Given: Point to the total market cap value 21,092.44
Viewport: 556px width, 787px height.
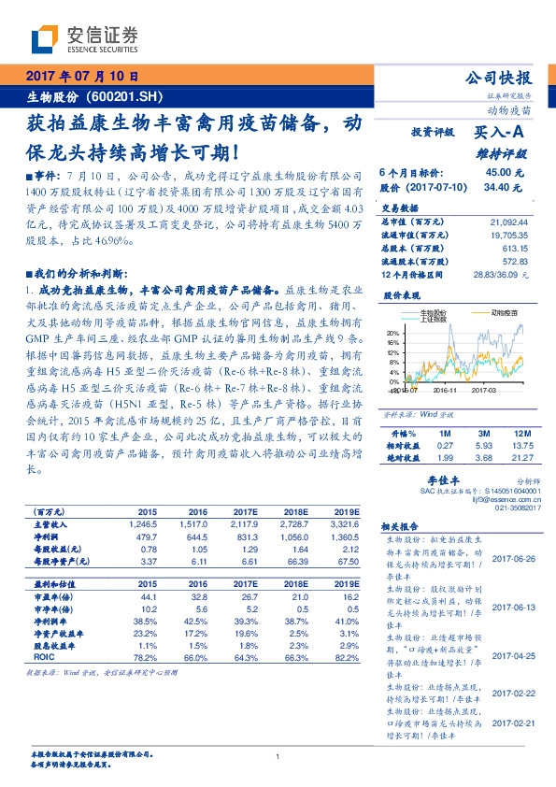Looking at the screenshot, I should tap(508, 222).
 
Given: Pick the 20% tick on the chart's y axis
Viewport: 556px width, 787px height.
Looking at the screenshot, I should tap(392, 333).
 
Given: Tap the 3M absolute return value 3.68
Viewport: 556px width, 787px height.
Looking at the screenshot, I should tap(482, 456).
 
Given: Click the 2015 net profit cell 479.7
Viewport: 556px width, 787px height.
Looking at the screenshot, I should tap(148, 537).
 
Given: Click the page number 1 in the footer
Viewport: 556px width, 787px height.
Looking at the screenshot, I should tap(278, 756).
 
